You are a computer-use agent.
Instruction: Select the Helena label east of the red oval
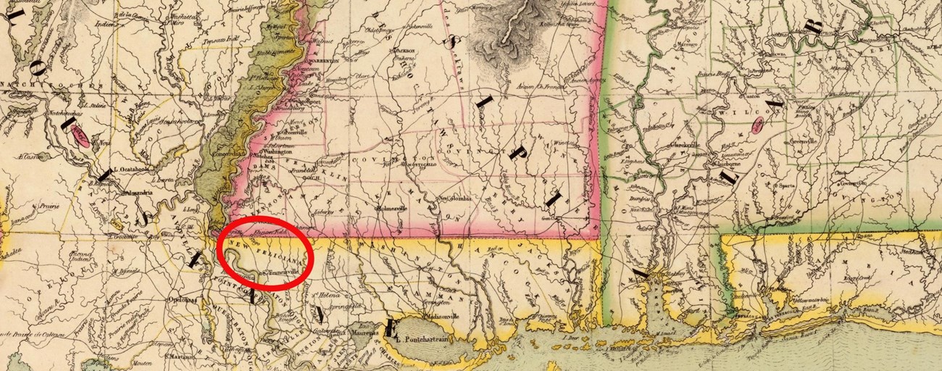tap(329, 295)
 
